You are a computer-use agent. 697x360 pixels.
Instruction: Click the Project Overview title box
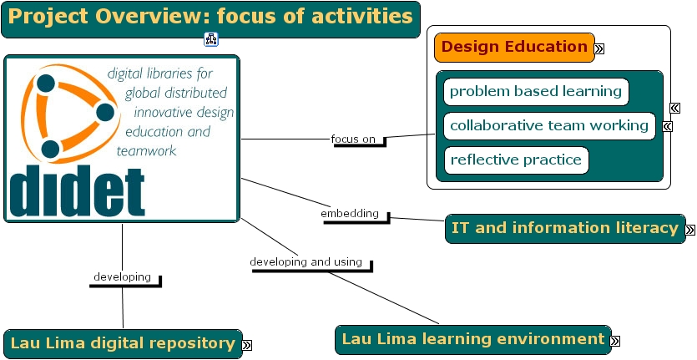(x=210, y=18)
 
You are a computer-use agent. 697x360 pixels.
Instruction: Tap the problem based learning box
(x=536, y=92)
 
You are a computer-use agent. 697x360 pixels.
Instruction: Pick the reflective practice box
(x=516, y=160)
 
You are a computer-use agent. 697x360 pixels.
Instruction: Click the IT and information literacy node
(x=564, y=228)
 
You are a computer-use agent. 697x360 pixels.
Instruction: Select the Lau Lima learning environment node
(x=473, y=339)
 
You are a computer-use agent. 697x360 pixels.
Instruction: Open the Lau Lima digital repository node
(x=123, y=343)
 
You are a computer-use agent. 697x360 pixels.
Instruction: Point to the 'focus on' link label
(x=353, y=139)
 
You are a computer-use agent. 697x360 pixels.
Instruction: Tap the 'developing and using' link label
(x=306, y=262)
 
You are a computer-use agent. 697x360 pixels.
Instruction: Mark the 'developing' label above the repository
(x=122, y=276)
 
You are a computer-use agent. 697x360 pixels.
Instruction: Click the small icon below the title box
(x=210, y=39)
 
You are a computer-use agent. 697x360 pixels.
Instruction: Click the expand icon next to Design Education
(x=599, y=49)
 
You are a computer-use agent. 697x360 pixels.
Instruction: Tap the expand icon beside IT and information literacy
(x=689, y=231)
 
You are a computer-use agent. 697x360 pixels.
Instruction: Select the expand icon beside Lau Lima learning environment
(x=615, y=341)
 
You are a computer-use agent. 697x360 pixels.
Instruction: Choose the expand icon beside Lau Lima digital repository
(x=247, y=345)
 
